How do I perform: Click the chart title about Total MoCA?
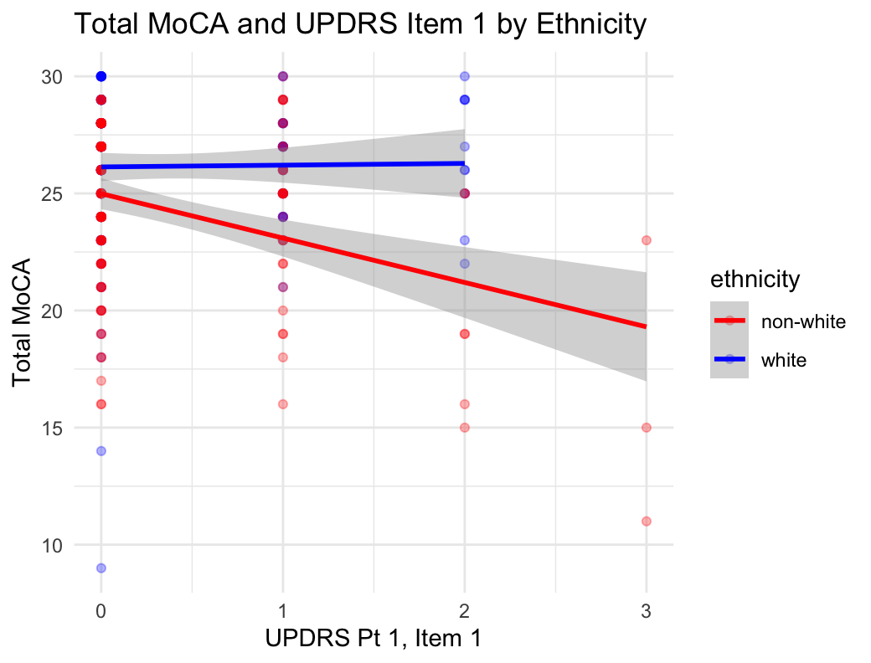(x=360, y=25)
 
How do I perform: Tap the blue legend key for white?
(x=729, y=359)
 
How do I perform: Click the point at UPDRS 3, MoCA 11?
(x=647, y=521)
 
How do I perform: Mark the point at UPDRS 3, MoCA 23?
(x=647, y=240)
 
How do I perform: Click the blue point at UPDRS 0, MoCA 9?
(x=101, y=568)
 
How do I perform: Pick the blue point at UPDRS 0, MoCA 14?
(x=101, y=450)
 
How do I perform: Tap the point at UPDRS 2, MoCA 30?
(x=465, y=76)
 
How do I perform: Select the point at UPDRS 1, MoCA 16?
(x=283, y=403)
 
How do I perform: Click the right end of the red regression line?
(x=646, y=326)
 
